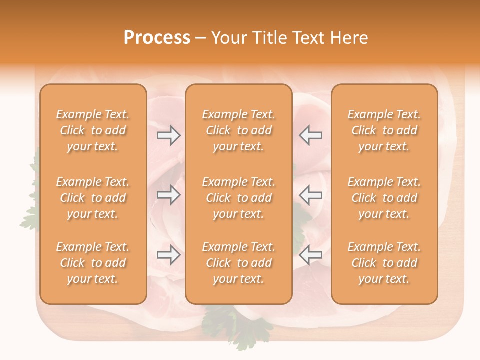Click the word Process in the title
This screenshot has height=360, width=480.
pyautogui.click(x=157, y=38)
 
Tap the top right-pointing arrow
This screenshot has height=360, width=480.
pyautogui.click(x=168, y=135)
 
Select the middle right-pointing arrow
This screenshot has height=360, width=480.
pyautogui.click(x=168, y=195)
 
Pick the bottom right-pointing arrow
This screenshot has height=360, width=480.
pyautogui.click(x=168, y=255)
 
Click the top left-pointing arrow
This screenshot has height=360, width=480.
pyautogui.click(x=310, y=135)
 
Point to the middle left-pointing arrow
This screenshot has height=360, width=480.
pyautogui.click(x=310, y=195)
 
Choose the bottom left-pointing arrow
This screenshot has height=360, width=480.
pyautogui.click(x=310, y=255)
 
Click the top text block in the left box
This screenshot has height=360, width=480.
pyautogui.click(x=93, y=130)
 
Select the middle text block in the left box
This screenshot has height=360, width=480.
pyautogui.click(x=93, y=198)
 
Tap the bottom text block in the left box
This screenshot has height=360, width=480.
pyautogui.click(x=93, y=263)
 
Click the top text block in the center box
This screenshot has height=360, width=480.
pyautogui.click(x=239, y=130)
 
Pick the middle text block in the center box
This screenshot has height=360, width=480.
pyautogui.click(x=239, y=198)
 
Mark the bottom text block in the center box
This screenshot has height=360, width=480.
pyautogui.click(x=239, y=263)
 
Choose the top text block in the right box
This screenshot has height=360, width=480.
pyautogui.click(x=384, y=130)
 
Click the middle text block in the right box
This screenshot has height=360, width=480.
pyautogui.click(x=384, y=198)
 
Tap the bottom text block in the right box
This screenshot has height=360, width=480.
pyautogui.click(x=384, y=263)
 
